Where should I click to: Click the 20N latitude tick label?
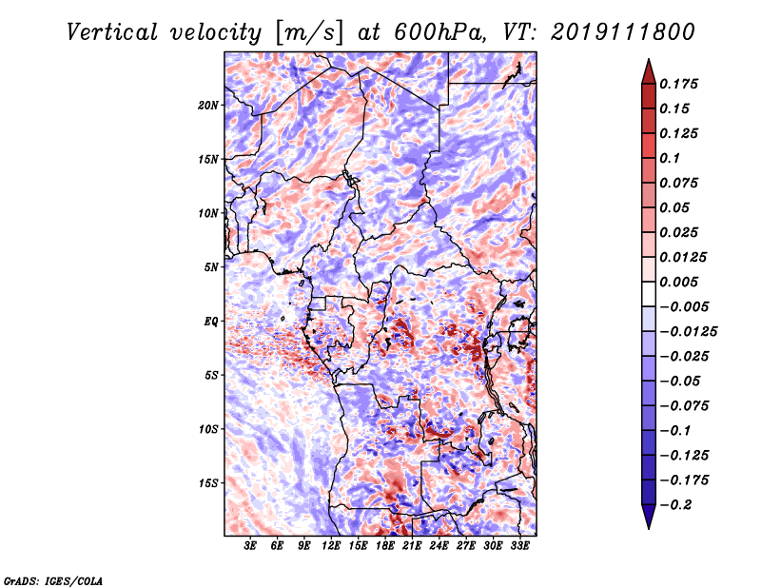point(208,106)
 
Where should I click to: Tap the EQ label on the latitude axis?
point(211,322)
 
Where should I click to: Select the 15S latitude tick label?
point(208,483)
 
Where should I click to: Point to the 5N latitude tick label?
point(211,267)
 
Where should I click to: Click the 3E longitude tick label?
point(250,546)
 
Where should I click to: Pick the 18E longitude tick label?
point(385,546)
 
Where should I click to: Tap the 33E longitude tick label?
point(519,546)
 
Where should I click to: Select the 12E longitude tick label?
point(331,546)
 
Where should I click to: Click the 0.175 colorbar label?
point(678,84)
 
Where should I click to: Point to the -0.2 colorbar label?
point(675,505)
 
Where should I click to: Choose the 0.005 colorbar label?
point(678,282)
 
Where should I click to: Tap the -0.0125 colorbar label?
point(688,332)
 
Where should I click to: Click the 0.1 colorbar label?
point(670,158)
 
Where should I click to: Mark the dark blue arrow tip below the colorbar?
point(649,528)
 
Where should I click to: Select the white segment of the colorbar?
point(649,294)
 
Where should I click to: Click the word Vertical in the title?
point(112,32)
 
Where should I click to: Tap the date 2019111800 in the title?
point(623,32)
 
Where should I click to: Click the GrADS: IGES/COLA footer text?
point(53,581)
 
